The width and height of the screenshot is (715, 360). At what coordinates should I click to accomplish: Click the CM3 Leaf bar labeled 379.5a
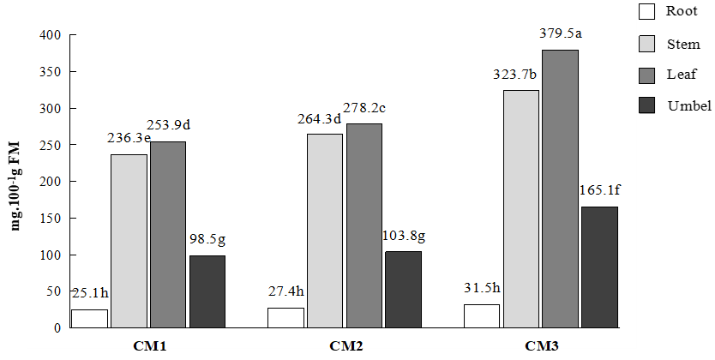click(560, 189)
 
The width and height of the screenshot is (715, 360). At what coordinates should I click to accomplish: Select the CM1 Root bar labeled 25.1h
click(89, 318)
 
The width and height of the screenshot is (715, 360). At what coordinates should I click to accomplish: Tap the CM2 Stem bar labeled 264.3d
click(325, 231)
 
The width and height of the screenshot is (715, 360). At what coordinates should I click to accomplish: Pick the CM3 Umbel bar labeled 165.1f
click(599, 267)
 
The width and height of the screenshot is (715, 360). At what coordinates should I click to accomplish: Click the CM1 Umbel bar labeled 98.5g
click(207, 291)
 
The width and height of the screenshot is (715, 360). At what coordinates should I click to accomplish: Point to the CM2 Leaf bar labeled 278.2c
click(364, 225)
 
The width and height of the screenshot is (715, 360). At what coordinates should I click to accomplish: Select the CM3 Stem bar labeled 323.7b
click(520, 208)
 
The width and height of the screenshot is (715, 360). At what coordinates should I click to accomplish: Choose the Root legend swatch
click(646, 12)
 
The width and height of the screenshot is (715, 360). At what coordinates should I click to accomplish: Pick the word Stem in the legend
click(683, 44)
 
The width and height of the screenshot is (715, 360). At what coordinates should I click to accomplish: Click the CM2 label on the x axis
click(345, 347)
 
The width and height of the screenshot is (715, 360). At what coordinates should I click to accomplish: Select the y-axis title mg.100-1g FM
click(15, 182)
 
